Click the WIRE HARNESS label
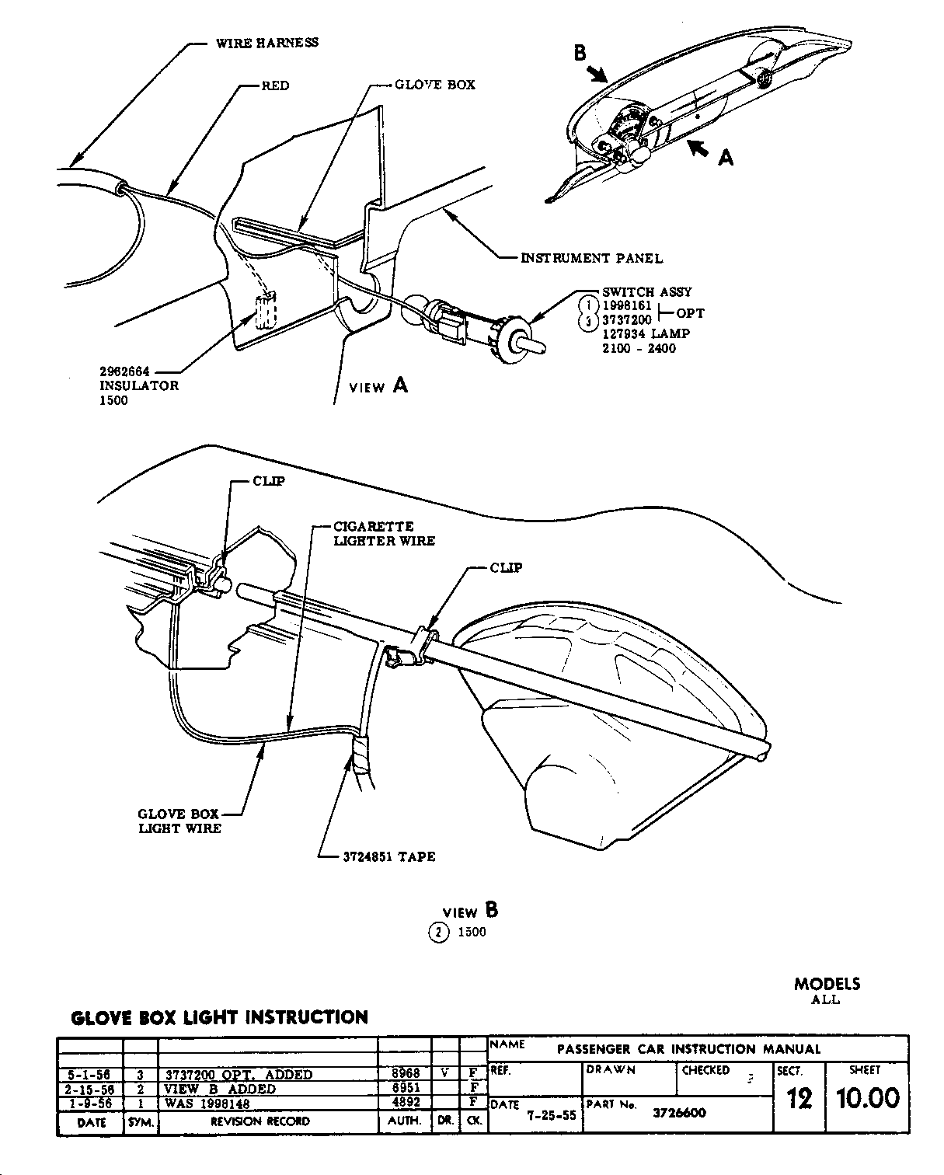click(266, 43)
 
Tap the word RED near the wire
click(275, 85)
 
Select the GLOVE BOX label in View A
click(434, 85)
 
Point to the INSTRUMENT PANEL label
click(592, 258)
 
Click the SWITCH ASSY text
click(646, 292)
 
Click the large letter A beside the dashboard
click(725, 158)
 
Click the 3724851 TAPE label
click(388, 856)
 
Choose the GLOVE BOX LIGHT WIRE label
click(179, 821)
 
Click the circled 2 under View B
click(438, 933)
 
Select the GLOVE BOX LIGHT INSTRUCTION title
click(219, 1017)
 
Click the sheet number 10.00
click(867, 1098)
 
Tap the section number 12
click(799, 1098)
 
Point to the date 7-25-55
click(551, 1114)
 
